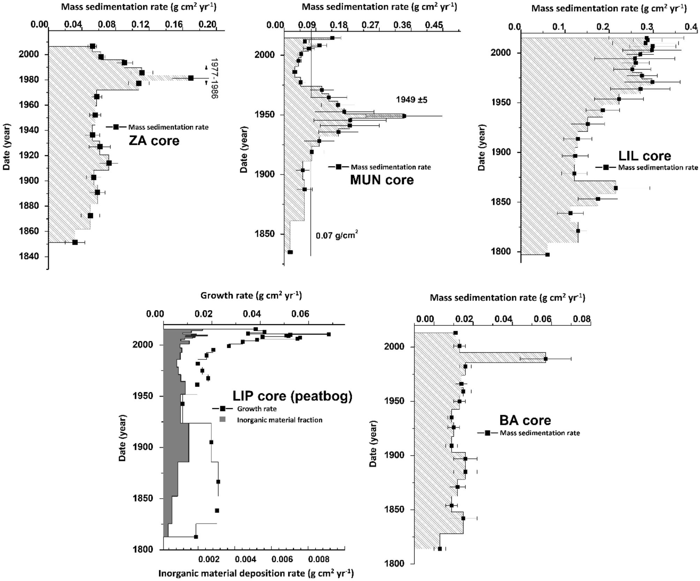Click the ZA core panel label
pos(154,141)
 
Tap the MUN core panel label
pos(382,180)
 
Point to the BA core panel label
pos(525,420)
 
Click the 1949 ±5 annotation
pos(411,100)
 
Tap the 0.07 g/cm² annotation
pos(337,235)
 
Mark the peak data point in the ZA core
pos(191,78)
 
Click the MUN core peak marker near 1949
pos(404,116)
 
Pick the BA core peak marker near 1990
pos(545,359)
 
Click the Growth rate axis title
pos(251,296)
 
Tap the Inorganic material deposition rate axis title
pos(256,573)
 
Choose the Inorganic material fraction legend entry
pos(279,420)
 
